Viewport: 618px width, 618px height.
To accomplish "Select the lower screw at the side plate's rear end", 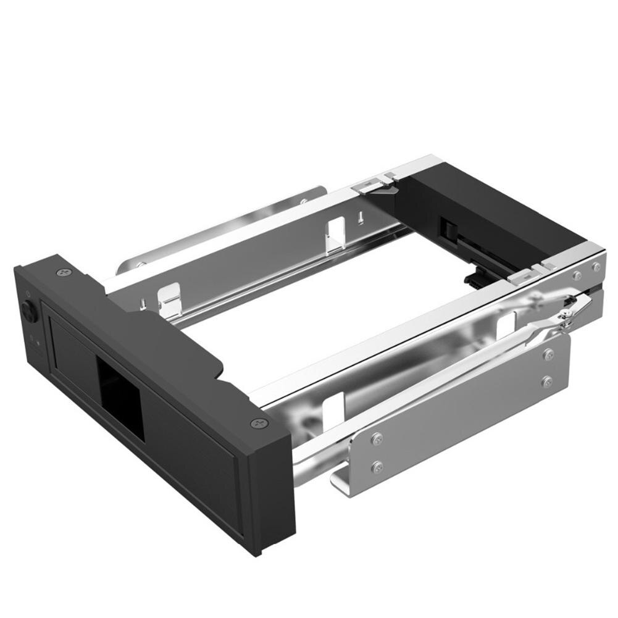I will pos(547,381).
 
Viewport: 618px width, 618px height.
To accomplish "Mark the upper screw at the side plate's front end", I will pos(377,439).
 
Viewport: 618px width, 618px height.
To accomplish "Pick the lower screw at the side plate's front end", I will pos(377,466).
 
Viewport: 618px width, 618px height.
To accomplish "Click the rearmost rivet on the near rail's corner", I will pos(596,267).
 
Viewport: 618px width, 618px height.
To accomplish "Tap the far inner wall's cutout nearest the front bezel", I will pos(170,299).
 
